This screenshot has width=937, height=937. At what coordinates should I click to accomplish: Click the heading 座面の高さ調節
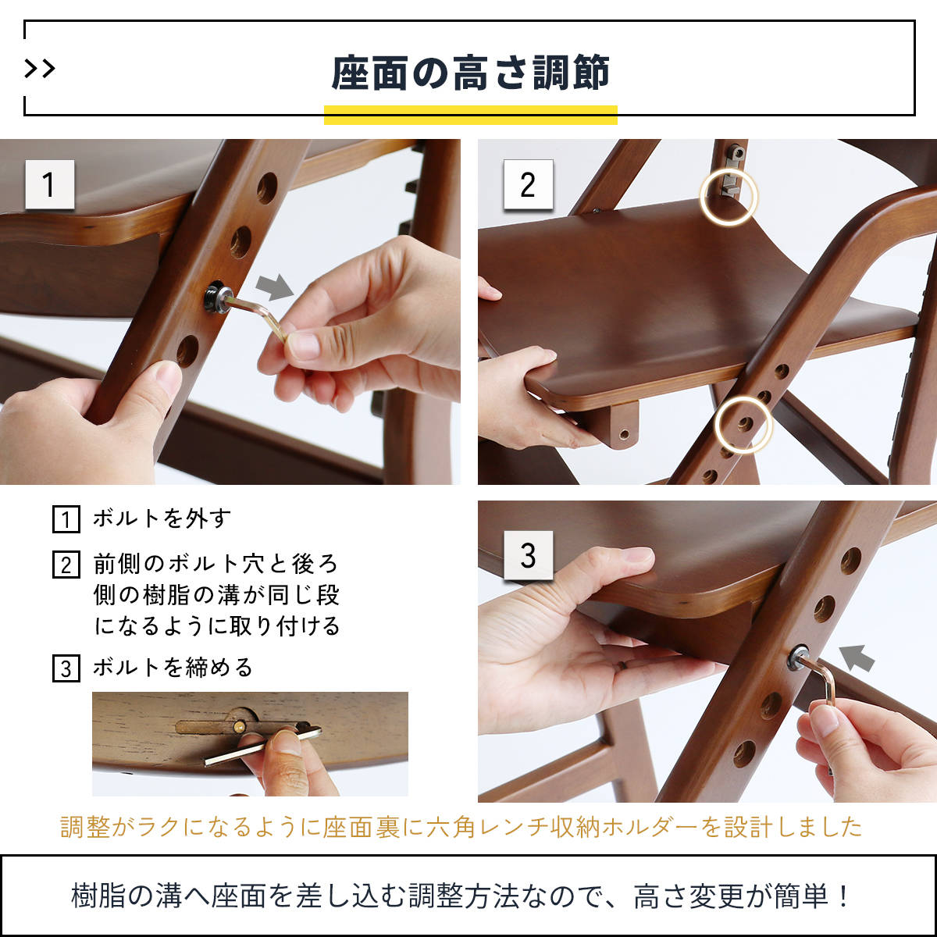pyautogui.click(x=470, y=73)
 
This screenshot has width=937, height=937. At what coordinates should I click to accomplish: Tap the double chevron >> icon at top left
pyautogui.click(x=40, y=69)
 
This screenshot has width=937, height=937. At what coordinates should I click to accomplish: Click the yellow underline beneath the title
pyautogui.click(x=470, y=115)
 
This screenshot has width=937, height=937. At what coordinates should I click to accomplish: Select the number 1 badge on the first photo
pyautogui.click(x=49, y=185)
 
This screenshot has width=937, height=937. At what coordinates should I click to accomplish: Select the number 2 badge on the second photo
pyautogui.click(x=528, y=185)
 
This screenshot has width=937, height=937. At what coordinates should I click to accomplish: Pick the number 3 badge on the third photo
pyautogui.click(x=528, y=555)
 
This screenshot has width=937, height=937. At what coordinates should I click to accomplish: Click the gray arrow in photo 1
pyautogui.click(x=275, y=287)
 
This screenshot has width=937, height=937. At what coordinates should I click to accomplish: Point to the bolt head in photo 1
pyautogui.click(x=216, y=298)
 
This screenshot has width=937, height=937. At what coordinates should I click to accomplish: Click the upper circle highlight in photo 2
pyautogui.click(x=728, y=197)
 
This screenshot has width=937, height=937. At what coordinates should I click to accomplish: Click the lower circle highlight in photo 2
pyautogui.click(x=744, y=425)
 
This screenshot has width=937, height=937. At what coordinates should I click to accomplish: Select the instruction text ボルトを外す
pyautogui.click(x=162, y=518)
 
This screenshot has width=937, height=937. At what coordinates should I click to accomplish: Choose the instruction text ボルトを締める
pyautogui.click(x=173, y=668)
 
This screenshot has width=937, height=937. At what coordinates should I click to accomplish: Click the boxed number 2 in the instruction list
pyautogui.click(x=66, y=565)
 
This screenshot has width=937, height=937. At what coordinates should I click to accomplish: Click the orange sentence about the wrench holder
pyautogui.click(x=461, y=827)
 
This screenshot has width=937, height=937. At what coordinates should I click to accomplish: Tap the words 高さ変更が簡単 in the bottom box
pyautogui.click(x=738, y=896)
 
